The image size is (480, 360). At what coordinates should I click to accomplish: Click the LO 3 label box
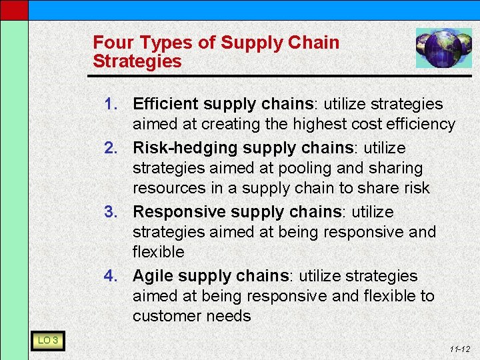pyautogui.click(x=47, y=341)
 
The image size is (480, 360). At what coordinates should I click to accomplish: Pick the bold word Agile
pyautogui.click(x=153, y=276)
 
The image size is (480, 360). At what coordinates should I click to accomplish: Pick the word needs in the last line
pyautogui.click(x=229, y=316)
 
